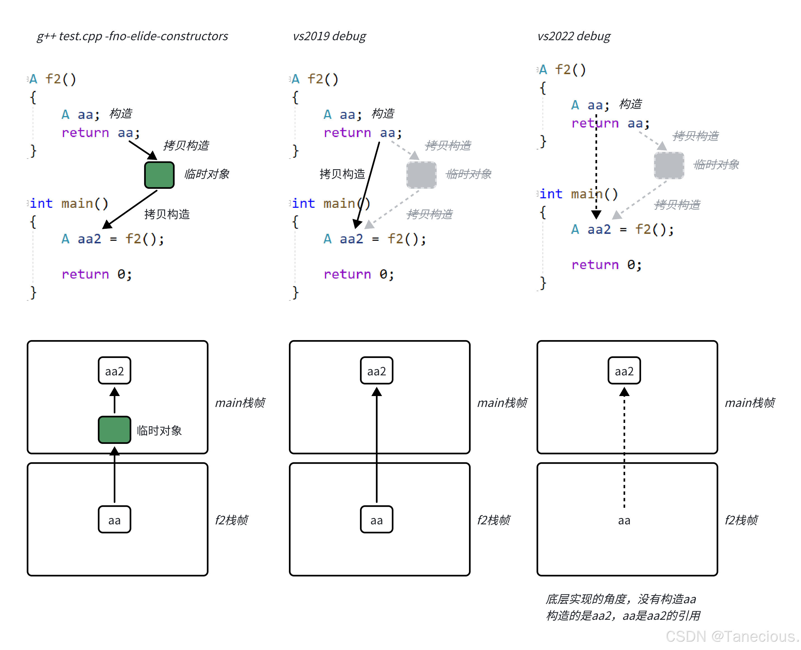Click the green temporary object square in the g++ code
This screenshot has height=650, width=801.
[x=159, y=175]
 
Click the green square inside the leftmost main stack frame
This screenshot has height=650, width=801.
[x=114, y=430]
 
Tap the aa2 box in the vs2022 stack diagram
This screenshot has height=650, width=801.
[x=624, y=371]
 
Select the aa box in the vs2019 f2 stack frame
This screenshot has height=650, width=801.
[x=376, y=520]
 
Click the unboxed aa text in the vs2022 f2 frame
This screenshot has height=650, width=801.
[x=624, y=520]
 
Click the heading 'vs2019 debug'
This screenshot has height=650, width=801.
[x=329, y=36]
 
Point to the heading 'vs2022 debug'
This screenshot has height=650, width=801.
[x=573, y=36]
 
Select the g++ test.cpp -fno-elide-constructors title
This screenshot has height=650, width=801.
[x=132, y=36]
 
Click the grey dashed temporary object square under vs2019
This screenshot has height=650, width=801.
[x=421, y=175]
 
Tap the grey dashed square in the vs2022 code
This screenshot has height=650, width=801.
[x=669, y=165]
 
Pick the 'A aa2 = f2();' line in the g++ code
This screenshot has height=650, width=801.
[x=113, y=239]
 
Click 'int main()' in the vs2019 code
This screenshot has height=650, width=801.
[x=331, y=203]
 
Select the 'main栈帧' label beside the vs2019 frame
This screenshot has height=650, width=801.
[x=502, y=402]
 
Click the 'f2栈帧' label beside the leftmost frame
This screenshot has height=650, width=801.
[x=231, y=520]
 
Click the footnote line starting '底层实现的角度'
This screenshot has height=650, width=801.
[x=620, y=599]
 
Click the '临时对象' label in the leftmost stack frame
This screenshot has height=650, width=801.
[x=159, y=430]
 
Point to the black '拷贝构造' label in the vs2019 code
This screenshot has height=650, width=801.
[x=342, y=174]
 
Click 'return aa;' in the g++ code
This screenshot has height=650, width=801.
[x=100, y=133]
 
